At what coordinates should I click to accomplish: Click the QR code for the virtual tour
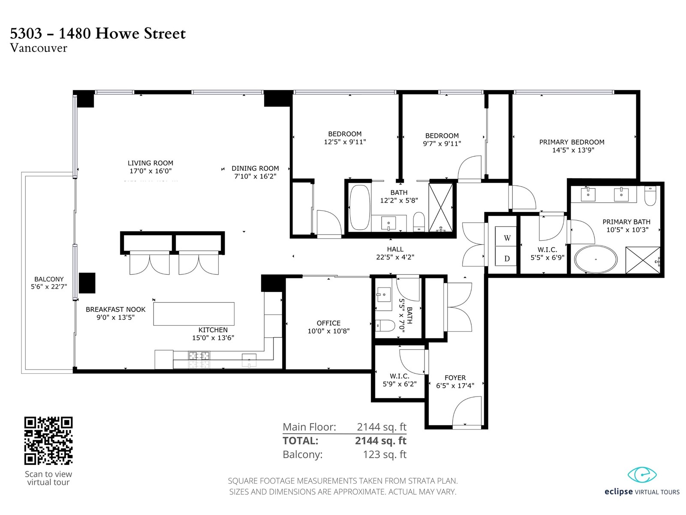[48, 441]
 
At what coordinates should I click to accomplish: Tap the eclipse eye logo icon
[642, 475]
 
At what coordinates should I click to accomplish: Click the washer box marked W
[505, 236]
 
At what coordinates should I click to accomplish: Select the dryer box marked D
[505, 256]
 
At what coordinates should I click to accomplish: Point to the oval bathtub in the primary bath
[596, 259]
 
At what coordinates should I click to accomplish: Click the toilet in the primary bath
[650, 196]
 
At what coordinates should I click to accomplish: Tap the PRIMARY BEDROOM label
[572, 142]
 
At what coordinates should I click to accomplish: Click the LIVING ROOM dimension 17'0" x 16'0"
[150, 171]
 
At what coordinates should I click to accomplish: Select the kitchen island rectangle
[194, 314]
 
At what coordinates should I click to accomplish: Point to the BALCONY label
[49, 279]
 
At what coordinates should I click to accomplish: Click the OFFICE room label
[328, 323]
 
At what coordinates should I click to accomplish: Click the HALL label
[395, 249]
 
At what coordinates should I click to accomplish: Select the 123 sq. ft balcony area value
[385, 454]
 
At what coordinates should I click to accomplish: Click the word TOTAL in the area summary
[301, 441]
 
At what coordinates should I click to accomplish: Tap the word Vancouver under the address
[39, 48]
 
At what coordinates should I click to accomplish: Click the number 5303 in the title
[26, 33]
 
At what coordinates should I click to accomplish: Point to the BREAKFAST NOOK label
[116, 309]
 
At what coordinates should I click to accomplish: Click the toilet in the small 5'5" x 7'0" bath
[385, 325]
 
